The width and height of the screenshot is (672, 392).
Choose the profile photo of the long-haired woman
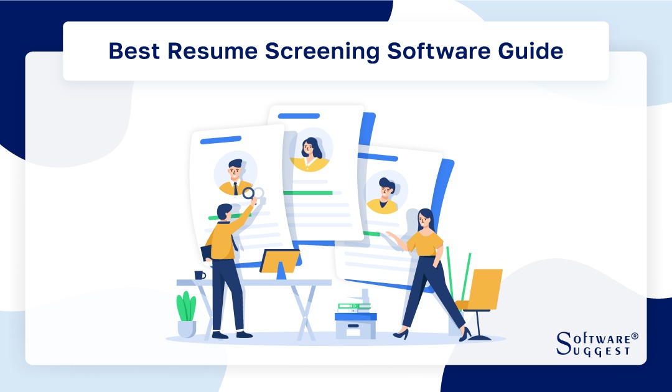coord(310,150)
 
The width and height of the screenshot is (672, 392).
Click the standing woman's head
coord(425,218)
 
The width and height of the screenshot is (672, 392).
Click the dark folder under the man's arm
coord(206,252)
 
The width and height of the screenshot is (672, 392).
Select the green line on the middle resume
coord(308,193)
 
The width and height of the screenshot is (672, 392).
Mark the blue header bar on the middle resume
coord(299,116)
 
